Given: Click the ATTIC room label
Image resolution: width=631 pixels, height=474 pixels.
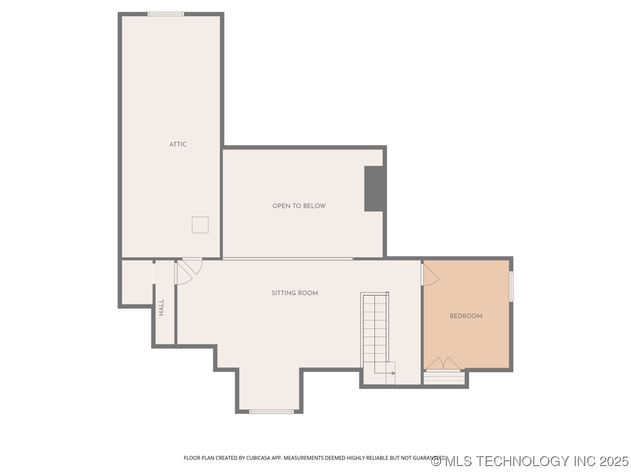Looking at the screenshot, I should pyautogui.click(x=178, y=144).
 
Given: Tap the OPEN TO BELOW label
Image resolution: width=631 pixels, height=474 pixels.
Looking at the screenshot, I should pyautogui.click(x=299, y=206).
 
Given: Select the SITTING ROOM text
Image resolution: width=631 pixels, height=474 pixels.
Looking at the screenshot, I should pyautogui.click(x=294, y=293).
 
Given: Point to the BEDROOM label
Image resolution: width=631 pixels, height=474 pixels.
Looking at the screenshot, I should pyautogui.click(x=466, y=316).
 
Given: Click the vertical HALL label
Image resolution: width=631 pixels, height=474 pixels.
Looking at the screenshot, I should pyautogui.click(x=161, y=308).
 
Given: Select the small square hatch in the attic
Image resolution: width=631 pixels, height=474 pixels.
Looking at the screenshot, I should pyautogui.click(x=200, y=225).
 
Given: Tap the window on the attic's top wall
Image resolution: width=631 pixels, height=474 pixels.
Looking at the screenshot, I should pyautogui.click(x=166, y=14).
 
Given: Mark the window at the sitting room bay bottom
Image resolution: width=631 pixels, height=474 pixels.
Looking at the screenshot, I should pyautogui.click(x=271, y=411).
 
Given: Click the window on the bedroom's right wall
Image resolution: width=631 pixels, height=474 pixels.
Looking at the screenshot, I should pyautogui.click(x=511, y=287).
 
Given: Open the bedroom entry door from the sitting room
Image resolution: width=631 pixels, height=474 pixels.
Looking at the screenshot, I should pyautogui.click(x=429, y=275).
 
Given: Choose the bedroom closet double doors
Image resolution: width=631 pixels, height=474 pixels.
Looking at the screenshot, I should pyautogui.click(x=443, y=364).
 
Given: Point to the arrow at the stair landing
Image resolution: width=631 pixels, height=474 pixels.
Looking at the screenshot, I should pyautogui.click(x=391, y=373).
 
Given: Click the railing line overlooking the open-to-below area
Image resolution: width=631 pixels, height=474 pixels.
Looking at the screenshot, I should pyautogui.click(x=288, y=259).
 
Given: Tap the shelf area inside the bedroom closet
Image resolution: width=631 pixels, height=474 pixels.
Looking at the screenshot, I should pyautogui.click(x=445, y=378).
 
